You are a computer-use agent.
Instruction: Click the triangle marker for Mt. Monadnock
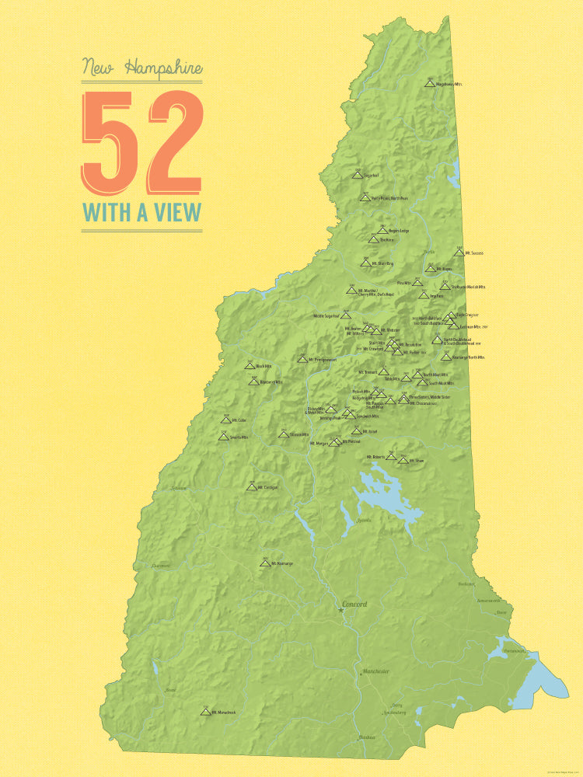click(x=206, y=711)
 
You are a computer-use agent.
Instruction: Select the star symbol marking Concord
click(x=340, y=611)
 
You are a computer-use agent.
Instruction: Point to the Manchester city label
click(x=375, y=671)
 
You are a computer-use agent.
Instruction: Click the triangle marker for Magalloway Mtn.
click(x=430, y=82)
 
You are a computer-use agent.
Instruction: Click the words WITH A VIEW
click(x=141, y=211)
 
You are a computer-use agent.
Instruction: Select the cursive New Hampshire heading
click(x=141, y=68)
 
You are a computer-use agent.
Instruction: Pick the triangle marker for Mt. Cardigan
click(x=251, y=487)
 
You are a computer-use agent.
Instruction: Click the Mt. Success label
click(x=474, y=253)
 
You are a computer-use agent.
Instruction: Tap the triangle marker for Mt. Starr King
click(x=365, y=263)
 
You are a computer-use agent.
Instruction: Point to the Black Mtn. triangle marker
click(x=250, y=365)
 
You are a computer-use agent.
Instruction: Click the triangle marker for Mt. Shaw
click(x=403, y=461)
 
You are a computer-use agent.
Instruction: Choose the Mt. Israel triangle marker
click(x=356, y=431)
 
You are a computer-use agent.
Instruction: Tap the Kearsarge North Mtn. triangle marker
click(x=445, y=357)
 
